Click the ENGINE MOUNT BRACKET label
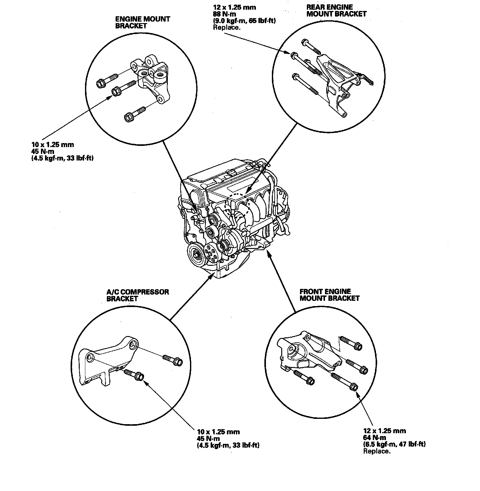[142, 22]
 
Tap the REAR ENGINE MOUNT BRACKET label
[336, 10]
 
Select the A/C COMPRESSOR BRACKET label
[137, 295]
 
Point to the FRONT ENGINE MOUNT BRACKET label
[329, 295]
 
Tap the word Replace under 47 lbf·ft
[377, 451]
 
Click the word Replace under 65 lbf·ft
[227, 27]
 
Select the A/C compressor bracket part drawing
[106, 362]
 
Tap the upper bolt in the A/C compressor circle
[172, 360]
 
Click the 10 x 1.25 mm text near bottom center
[218, 432]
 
